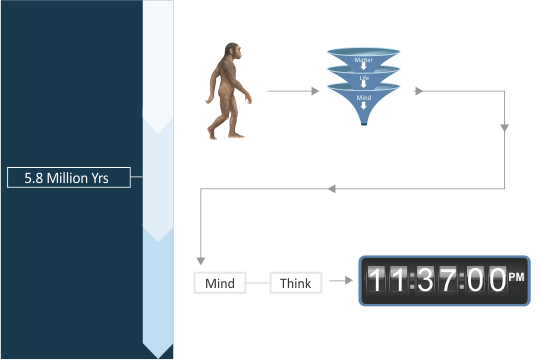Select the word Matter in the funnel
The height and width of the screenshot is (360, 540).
point(363,60)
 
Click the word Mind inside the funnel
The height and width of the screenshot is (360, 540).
point(363,97)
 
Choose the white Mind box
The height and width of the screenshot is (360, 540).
point(219,283)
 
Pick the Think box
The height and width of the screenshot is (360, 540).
point(295,283)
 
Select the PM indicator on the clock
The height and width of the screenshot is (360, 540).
point(516,276)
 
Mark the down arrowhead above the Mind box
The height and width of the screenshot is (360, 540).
point(201,258)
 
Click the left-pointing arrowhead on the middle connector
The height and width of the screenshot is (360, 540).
point(332,189)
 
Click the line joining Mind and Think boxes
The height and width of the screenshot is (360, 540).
point(258,283)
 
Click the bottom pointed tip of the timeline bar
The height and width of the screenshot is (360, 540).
point(159,353)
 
